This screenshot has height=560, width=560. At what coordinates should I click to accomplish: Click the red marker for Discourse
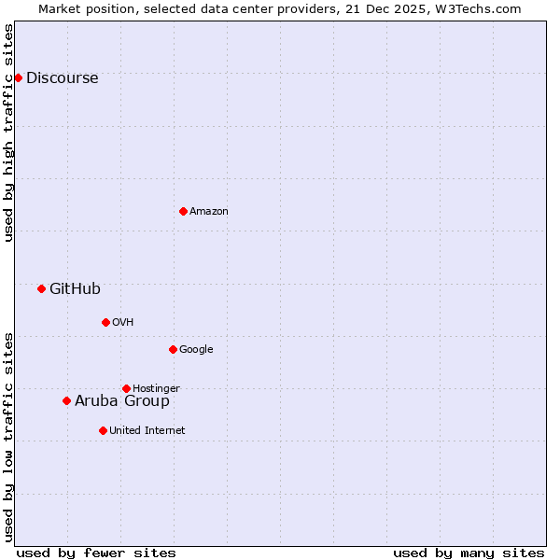click(18, 77)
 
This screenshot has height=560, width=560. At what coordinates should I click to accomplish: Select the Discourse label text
click(62, 78)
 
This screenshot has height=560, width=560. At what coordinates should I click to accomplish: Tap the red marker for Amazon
click(183, 211)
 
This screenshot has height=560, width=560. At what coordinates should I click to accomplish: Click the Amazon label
click(209, 212)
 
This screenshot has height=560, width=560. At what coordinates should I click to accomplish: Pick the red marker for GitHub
click(41, 288)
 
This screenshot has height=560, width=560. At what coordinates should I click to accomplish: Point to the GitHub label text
click(75, 289)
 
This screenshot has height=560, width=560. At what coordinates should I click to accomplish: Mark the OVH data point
click(105, 322)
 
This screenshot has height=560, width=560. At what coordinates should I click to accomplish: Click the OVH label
click(123, 323)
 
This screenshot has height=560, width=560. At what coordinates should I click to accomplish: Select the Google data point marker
click(173, 349)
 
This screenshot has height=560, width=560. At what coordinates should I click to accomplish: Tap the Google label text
click(196, 350)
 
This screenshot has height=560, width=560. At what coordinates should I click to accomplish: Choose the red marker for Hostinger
click(126, 388)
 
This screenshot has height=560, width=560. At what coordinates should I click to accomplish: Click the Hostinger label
click(156, 389)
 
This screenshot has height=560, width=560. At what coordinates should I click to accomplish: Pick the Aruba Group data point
click(66, 400)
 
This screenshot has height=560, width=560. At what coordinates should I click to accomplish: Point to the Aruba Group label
click(122, 401)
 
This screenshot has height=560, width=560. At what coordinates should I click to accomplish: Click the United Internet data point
click(103, 430)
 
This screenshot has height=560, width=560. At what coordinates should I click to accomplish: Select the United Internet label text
click(147, 431)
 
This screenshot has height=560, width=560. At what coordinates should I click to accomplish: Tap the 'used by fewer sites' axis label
click(96, 553)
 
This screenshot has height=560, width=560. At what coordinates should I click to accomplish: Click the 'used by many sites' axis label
click(469, 553)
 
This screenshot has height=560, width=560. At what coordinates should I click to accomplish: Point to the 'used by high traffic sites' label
click(9, 133)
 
